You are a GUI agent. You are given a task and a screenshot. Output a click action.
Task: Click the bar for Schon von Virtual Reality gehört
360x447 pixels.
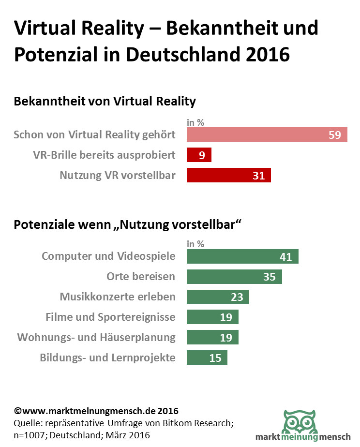[267, 134]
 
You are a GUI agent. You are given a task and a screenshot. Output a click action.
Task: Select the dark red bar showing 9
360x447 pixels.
[199, 155]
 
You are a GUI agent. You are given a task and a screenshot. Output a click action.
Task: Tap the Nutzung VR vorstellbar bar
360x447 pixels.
[228, 175]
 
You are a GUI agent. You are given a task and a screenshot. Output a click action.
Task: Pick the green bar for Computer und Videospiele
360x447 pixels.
[242, 256]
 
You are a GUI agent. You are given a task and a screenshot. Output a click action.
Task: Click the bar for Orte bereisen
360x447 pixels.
[234, 276]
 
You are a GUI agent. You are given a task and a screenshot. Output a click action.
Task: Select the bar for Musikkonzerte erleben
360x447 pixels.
[218, 297]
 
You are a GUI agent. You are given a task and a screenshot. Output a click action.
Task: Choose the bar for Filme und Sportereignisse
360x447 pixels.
[212, 317]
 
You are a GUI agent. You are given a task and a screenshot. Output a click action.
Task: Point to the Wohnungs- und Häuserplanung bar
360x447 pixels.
[212, 337]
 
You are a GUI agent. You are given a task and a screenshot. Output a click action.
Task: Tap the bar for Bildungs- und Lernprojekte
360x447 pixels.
[207, 358]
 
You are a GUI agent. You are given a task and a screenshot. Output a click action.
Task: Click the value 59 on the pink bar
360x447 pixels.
[335, 135]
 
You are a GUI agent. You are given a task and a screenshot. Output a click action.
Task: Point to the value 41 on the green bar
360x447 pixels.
[286, 256]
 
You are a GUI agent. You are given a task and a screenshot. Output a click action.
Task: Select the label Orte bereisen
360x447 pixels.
[141, 276]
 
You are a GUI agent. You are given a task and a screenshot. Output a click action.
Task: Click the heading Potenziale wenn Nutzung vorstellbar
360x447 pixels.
[128, 225]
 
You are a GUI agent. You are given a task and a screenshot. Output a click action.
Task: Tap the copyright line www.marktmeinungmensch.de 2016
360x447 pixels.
[96, 411]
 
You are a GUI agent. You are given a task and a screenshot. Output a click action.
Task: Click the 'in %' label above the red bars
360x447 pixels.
[195, 122]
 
